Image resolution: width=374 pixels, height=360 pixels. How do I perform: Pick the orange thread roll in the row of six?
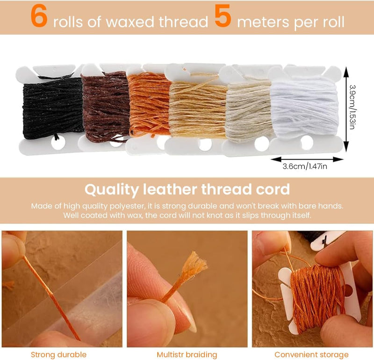pyautogui.click(x=148, y=105)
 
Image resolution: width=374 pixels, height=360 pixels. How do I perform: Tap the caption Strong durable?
pyautogui.click(x=58, y=354)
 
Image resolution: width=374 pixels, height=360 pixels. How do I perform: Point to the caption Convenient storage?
pyautogui.click(x=311, y=354)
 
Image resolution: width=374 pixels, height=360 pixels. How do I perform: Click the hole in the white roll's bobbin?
pyautogui.click(x=307, y=142)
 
